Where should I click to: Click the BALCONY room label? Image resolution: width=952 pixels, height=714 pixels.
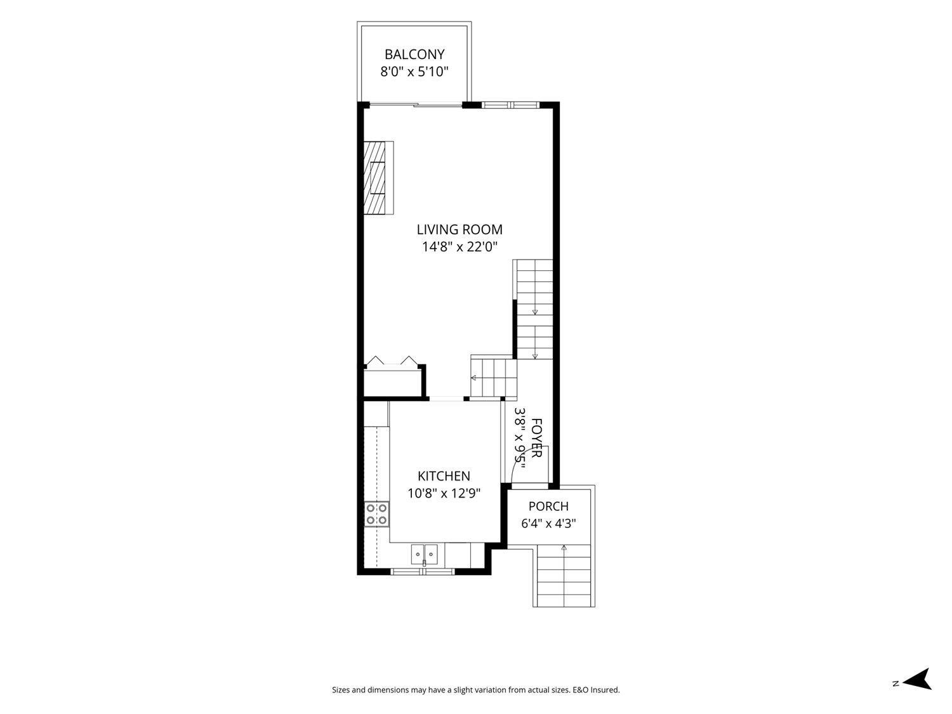(x=414, y=55)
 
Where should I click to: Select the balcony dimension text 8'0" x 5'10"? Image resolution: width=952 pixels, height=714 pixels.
(x=414, y=72)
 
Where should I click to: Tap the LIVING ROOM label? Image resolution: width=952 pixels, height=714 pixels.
(x=459, y=229)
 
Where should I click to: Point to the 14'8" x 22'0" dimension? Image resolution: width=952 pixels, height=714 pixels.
(x=459, y=247)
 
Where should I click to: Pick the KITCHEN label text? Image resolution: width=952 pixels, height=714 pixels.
(x=444, y=476)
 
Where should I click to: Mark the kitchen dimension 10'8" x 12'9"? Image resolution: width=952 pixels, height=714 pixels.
(x=444, y=493)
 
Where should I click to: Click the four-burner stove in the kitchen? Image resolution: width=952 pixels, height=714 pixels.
(x=376, y=514)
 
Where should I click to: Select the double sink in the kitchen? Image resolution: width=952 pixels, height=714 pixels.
(x=425, y=555)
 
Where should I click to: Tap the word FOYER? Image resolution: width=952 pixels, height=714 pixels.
(x=536, y=438)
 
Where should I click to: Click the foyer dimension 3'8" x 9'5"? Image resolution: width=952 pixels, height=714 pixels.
(x=520, y=438)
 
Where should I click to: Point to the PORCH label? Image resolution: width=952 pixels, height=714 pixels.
(x=548, y=506)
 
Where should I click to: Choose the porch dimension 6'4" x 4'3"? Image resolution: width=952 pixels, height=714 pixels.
(x=548, y=524)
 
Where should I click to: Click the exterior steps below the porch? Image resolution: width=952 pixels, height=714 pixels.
(x=564, y=576)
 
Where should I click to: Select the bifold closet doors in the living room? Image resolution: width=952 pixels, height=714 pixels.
(x=392, y=362)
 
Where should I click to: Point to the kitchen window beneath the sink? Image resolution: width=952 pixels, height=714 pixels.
(x=423, y=571)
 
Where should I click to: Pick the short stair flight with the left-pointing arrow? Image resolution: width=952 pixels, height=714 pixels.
(x=494, y=377)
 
